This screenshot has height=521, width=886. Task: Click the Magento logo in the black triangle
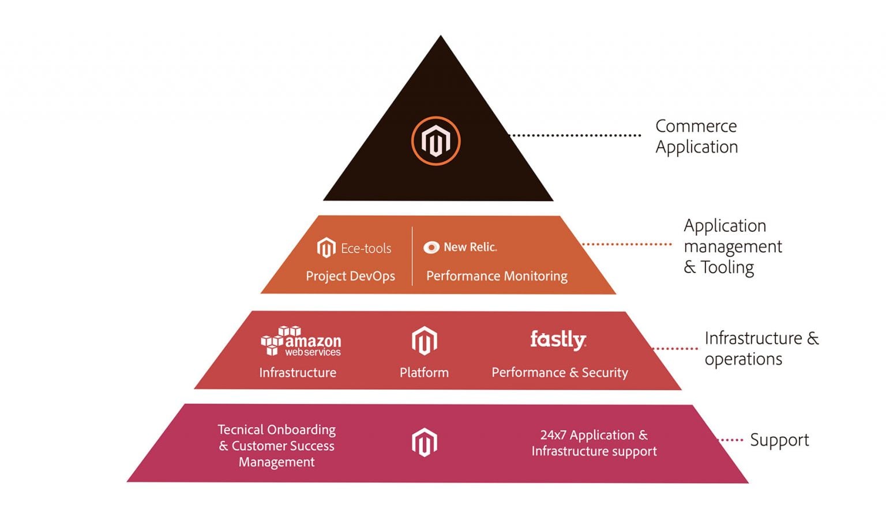click(436, 141)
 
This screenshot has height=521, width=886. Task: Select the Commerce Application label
click(696, 137)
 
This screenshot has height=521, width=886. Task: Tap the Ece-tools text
click(366, 248)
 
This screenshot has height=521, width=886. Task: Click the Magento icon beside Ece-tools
click(326, 248)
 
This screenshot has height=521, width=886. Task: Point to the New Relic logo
click(460, 247)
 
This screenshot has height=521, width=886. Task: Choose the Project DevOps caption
click(350, 276)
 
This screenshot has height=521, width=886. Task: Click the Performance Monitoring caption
click(497, 276)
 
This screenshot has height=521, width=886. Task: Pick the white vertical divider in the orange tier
click(412, 256)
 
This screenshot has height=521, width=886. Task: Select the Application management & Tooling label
click(732, 246)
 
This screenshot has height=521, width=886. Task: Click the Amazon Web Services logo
click(301, 341)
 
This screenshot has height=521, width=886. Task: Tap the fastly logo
click(558, 339)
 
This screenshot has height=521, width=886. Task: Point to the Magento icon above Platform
click(424, 341)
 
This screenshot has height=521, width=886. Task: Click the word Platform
click(424, 373)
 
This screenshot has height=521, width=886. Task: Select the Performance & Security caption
click(560, 373)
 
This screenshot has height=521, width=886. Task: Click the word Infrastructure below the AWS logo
click(298, 373)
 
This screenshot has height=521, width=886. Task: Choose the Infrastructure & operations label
click(761, 348)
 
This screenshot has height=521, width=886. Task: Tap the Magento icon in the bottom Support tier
click(424, 443)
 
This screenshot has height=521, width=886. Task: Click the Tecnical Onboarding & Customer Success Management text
click(277, 446)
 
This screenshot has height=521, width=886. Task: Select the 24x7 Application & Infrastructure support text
click(594, 443)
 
